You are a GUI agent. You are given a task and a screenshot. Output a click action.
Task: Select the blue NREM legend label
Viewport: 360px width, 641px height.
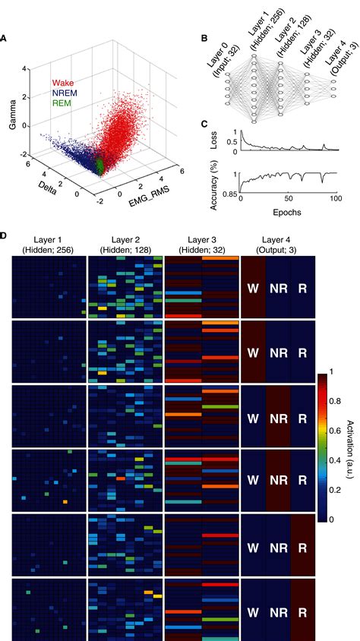click(64, 93)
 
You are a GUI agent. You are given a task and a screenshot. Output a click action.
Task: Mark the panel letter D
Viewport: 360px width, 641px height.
click(5, 237)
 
